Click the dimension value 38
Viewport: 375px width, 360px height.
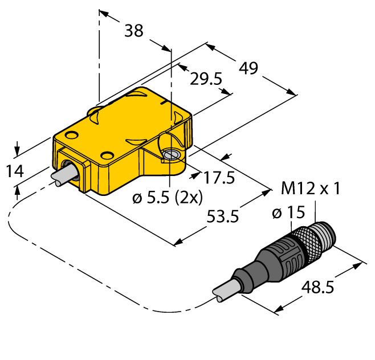134,32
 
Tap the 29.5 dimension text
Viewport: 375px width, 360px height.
206,80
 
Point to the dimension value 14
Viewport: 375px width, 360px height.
15,170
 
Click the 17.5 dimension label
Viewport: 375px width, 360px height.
220,178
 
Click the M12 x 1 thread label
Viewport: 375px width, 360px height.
311,188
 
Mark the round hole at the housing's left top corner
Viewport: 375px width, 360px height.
72,135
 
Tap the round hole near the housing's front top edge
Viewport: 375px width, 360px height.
107,155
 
